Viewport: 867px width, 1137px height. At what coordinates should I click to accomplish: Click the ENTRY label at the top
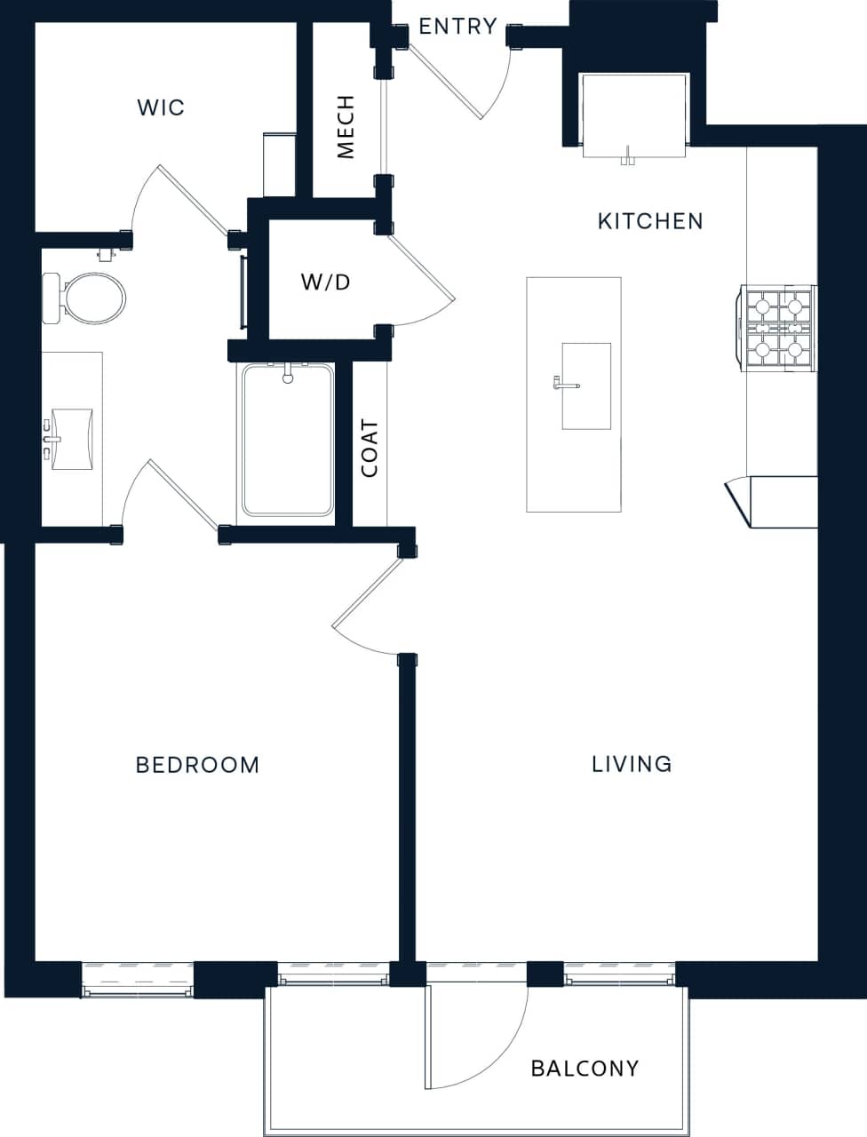457,27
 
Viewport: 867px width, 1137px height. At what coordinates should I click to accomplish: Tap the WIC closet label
161,107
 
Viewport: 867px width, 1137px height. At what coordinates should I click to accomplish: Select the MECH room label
346,127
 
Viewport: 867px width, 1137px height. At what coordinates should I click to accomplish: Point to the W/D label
326,282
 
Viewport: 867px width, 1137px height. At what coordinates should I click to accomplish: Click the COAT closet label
370,449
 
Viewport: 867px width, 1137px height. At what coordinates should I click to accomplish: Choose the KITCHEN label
650,221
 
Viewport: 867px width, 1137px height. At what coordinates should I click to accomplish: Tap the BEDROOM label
197,765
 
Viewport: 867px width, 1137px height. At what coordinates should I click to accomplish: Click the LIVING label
632,764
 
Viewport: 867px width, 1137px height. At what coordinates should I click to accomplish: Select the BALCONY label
585,1069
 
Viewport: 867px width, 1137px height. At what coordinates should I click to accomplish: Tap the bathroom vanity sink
71,438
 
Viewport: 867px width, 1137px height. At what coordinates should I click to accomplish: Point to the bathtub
287,440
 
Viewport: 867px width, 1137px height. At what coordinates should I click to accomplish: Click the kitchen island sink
585,386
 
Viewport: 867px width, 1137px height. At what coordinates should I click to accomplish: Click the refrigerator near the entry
634,115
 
